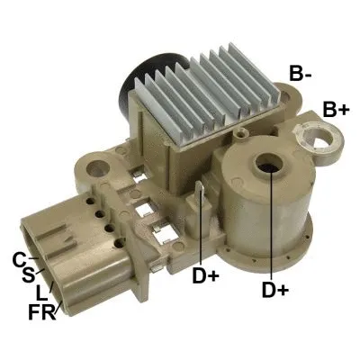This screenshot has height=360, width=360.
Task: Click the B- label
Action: click(x=301, y=73)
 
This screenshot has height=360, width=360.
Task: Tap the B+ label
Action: click(x=337, y=109)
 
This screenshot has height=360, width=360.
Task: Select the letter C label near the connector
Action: click(x=19, y=260)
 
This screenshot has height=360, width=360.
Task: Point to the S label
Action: click(x=27, y=275)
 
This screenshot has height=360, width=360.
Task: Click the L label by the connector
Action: click(x=40, y=294)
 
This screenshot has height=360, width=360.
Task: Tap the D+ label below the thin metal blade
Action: click(x=204, y=275)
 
